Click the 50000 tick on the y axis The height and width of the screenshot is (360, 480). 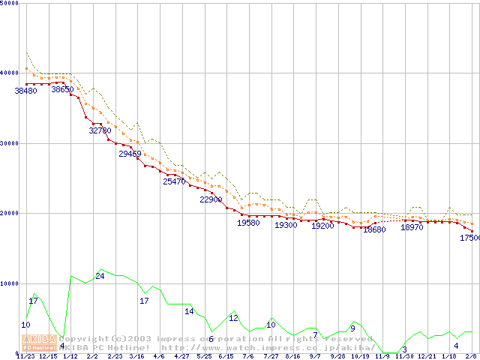pos(10,3)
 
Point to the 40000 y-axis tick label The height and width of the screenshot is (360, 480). pos(10,73)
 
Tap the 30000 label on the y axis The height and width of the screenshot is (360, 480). pos(10,143)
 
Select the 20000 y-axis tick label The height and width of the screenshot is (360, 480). pos(10,213)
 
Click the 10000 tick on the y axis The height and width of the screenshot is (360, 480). pos(10,283)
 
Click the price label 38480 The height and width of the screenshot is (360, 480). pos(25,91)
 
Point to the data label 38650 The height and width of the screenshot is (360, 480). pos(63,90)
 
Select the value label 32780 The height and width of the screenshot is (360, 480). pos(100,130)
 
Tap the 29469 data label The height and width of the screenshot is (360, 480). pos(130,154)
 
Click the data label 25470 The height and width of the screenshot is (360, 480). pos(174,182)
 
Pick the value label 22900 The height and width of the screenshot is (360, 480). pos(211,200)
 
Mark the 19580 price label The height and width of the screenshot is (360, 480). pos(248,223)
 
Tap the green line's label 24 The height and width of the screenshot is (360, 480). pos(100,277)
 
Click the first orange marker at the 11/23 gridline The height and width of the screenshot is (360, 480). pos(26,68)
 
